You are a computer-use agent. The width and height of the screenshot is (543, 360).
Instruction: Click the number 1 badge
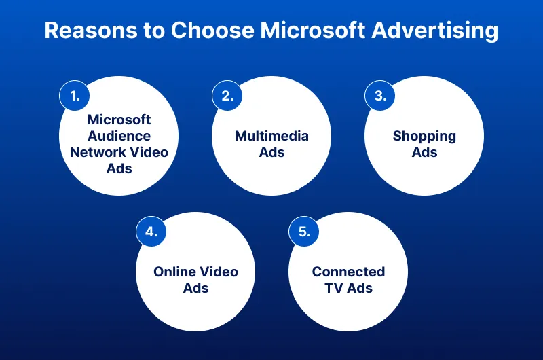click(x=75, y=96)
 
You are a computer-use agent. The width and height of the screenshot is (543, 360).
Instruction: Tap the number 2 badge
click(x=227, y=96)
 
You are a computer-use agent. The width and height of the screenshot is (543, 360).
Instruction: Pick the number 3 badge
click(x=380, y=96)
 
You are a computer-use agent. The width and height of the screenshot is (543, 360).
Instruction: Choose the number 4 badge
click(x=151, y=232)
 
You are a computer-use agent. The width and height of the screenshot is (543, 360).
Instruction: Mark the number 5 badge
click(x=304, y=232)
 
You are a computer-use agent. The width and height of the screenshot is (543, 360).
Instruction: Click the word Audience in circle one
click(x=119, y=136)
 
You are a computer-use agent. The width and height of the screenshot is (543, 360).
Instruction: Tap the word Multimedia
click(x=271, y=136)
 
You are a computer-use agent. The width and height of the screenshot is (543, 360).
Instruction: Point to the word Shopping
click(x=424, y=136)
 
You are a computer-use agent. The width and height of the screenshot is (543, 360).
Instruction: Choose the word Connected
click(x=348, y=272)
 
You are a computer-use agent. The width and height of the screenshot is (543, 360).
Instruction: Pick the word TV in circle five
click(x=333, y=288)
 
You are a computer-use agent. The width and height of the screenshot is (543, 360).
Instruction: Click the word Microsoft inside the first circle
click(x=119, y=120)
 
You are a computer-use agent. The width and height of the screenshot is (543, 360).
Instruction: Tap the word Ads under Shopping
click(x=424, y=152)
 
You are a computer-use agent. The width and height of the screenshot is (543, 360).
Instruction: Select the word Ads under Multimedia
click(x=271, y=152)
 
